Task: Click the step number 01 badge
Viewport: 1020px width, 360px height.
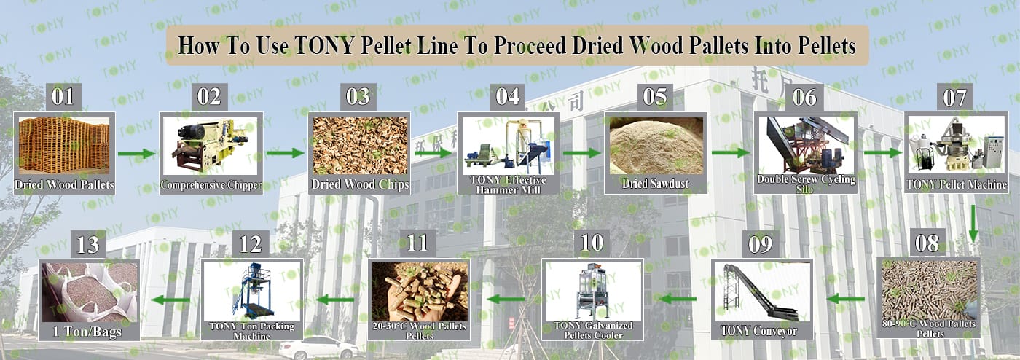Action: pos(63,97)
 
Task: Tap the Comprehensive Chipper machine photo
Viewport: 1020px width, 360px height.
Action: pos(211,145)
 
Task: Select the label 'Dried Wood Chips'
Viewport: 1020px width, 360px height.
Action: pos(360,184)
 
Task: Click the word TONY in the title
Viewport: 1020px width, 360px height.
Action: pos(323,46)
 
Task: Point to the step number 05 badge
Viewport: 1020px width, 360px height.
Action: pos(655,97)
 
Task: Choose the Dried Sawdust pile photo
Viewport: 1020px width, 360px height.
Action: pos(656,145)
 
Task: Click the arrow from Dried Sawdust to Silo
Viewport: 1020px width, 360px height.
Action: pos(730,152)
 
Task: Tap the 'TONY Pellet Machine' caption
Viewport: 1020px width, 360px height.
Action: pos(956,184)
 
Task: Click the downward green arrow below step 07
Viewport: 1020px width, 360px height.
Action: pos(973,223)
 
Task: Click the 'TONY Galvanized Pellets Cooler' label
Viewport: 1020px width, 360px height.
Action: pos(593,330)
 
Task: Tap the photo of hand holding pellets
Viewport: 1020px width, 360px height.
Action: pos(420,291)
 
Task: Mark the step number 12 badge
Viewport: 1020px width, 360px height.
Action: pos(251,244)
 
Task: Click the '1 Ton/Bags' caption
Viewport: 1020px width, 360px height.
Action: pos(87,332)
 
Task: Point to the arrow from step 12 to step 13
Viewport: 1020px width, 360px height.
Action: pos(170,300)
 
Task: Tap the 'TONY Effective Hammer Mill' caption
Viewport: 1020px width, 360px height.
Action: pos(509,184)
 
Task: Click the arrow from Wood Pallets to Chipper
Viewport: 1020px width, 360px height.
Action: pos(137,154)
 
